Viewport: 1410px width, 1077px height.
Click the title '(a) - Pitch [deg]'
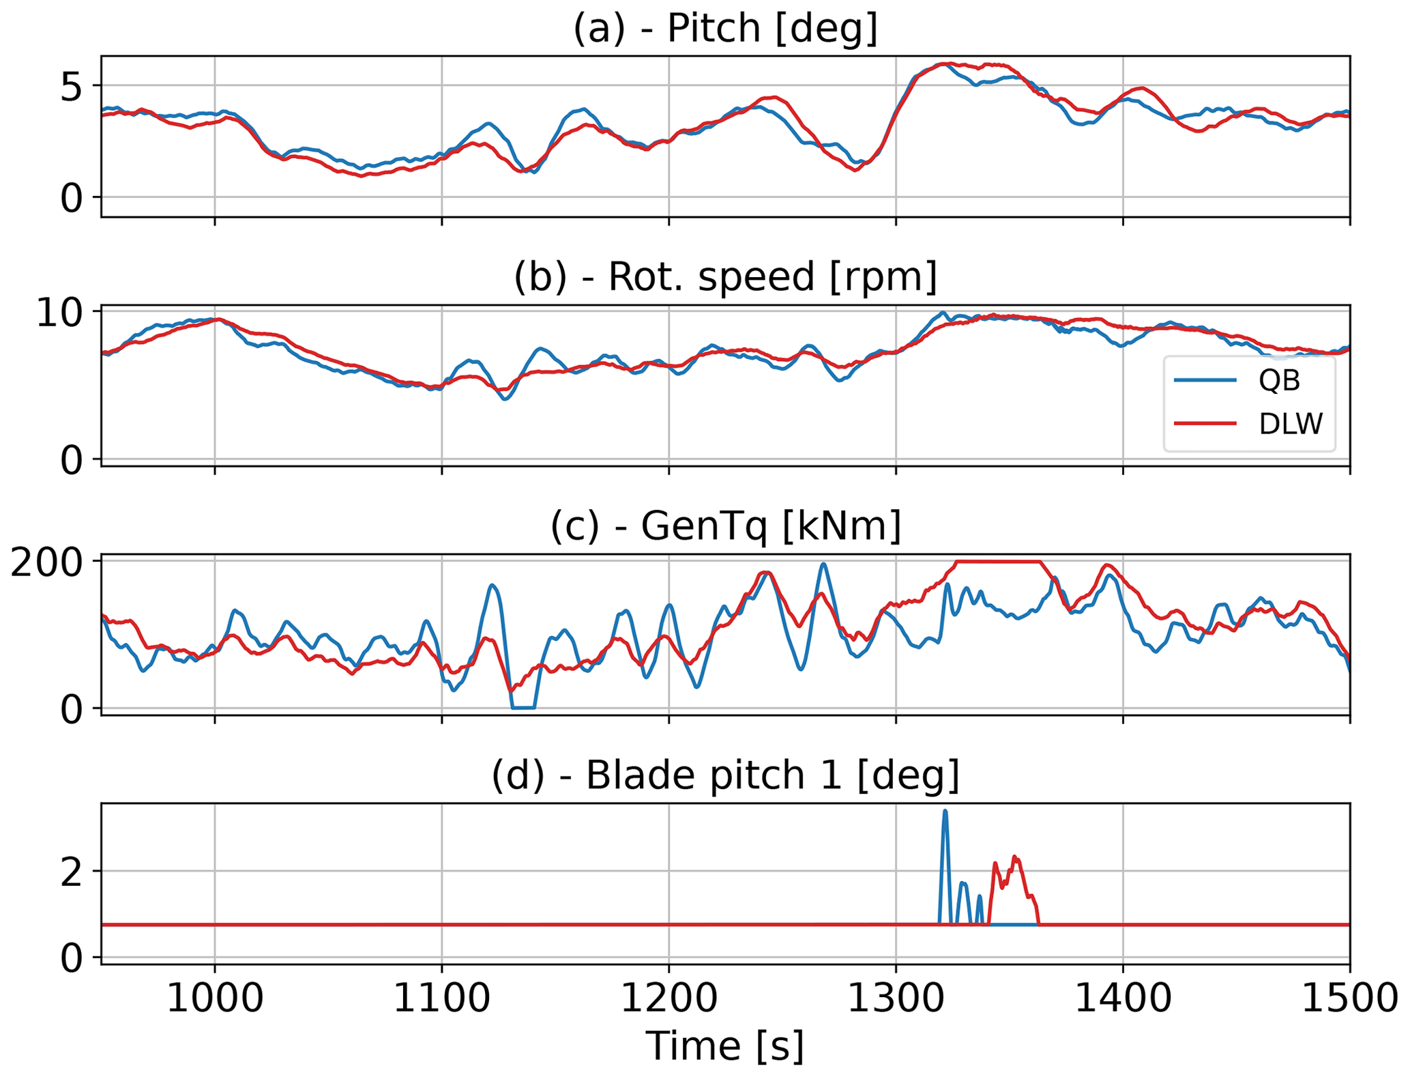[724, 29]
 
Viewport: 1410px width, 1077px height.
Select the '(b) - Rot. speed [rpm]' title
[724, 277]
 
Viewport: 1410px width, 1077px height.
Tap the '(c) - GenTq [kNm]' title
[724, 526]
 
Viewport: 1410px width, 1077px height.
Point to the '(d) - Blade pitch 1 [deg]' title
[724, 775]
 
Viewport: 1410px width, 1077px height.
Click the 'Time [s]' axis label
[724, 1046]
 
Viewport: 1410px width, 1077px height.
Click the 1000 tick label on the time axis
[215, 999]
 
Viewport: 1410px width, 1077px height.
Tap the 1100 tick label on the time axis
[442, 999]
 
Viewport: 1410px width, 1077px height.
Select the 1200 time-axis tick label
[669, 999]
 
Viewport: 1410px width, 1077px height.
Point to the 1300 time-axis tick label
[896, 999]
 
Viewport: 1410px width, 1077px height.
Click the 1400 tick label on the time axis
[1123, 999]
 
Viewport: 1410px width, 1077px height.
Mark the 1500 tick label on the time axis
[1349, 999]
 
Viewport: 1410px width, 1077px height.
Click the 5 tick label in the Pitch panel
[72, 87]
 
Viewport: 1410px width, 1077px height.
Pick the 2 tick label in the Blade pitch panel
[72, 872]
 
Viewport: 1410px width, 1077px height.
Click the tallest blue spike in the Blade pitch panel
[945, 814]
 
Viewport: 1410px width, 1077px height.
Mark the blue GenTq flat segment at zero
[523, 708]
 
